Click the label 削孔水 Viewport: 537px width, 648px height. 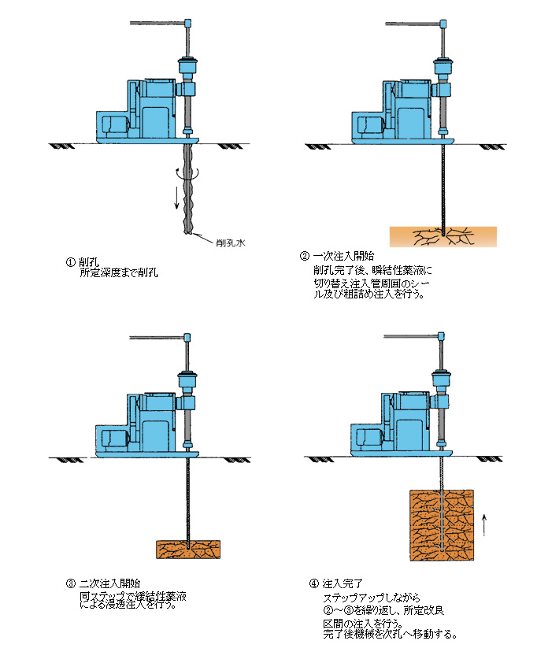pos(231,244)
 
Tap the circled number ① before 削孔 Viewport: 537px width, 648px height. pos(71,262)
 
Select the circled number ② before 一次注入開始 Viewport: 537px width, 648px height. pos(305,257)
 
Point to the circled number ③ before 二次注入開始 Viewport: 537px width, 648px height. pos(71,583)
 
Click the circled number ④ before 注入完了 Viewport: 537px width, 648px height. pos(315,583)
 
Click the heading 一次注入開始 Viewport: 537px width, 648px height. pos(343,257)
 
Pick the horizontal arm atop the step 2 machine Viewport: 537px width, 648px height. pos(413,23)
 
